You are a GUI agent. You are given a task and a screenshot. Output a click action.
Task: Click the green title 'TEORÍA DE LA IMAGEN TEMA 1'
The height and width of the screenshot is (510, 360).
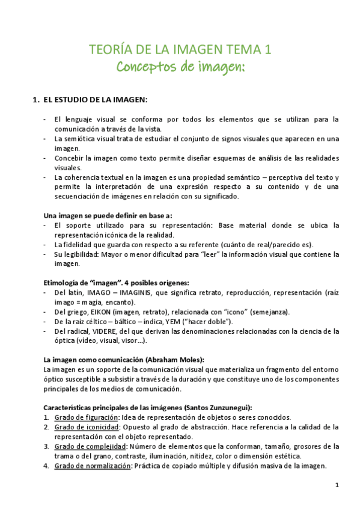coord(180,49)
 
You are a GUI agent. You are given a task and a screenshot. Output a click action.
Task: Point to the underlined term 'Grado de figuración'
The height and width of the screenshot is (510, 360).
coord(82,417)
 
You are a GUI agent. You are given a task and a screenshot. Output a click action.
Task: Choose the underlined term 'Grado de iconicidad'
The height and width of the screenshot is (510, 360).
coord(83,427)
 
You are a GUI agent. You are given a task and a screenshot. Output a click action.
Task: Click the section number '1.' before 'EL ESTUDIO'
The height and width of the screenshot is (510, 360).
coord(35,99)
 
